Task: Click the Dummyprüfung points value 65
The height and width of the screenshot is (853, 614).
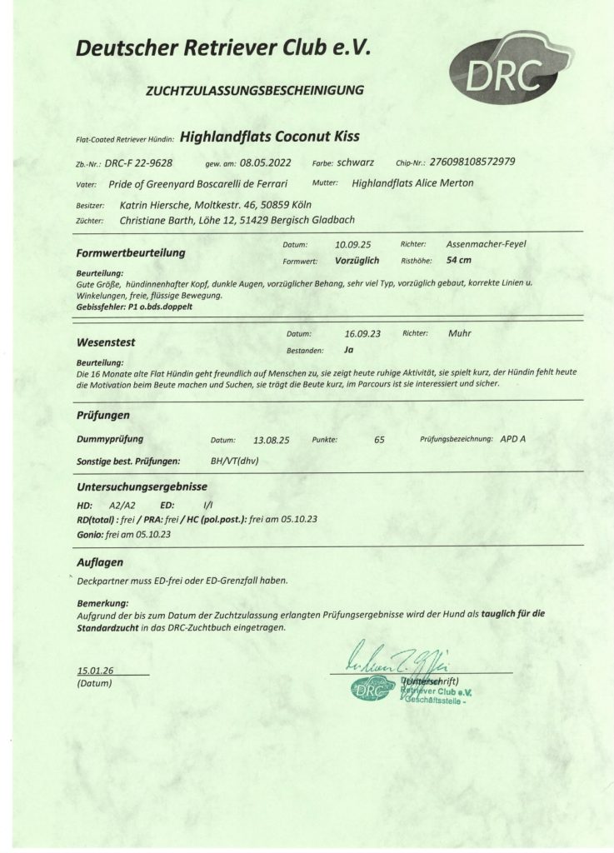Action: pos(379,439)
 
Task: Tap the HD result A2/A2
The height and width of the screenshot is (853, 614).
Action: pos(122,506)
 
